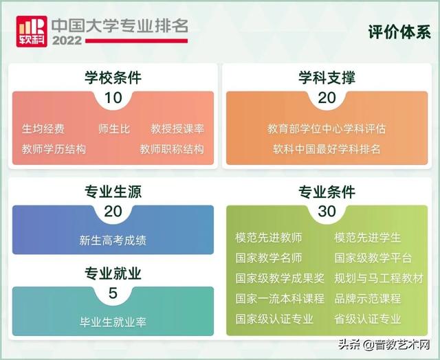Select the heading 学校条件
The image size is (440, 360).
coord(113,78)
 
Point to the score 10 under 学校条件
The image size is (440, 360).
coord(113,98)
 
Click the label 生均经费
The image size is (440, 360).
coord(43,128)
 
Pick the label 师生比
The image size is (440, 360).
coord(114,128)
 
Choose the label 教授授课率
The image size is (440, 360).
coord(177,128)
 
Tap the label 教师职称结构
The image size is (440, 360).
coord(172,148)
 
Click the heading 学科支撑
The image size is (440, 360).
coord(327,78)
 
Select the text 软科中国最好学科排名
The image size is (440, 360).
coord(327,148)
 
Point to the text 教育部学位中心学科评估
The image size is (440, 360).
coord(327,128)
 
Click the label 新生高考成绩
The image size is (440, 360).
coord(113,240)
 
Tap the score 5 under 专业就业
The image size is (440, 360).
coord(113,294)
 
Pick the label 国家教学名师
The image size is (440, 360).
coord(269,258)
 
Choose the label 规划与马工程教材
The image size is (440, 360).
coord(379,278)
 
